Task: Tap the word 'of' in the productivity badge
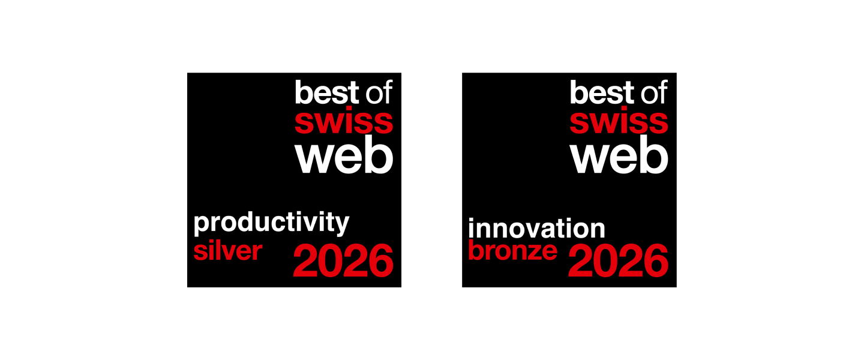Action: pos(379,92)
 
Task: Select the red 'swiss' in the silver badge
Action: pos(344,122)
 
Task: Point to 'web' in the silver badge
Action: pos(344,154)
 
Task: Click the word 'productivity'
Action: pos(271,223)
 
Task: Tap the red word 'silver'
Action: pos(227,251)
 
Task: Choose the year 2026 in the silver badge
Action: pos(343,260)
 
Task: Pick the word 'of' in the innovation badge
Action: pos(654,92)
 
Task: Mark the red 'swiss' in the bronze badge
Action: pos(619,122)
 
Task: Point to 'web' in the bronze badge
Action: pos(619,154)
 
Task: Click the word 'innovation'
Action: pos(536,228)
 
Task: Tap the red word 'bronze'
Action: pos(512,250)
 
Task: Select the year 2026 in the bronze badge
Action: pos(618,260)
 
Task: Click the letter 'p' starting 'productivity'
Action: pos(200,225)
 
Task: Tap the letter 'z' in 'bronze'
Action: pos(534,253)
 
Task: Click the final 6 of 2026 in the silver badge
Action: pos(381,260)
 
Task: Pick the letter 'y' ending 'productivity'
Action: pos(342,226)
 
